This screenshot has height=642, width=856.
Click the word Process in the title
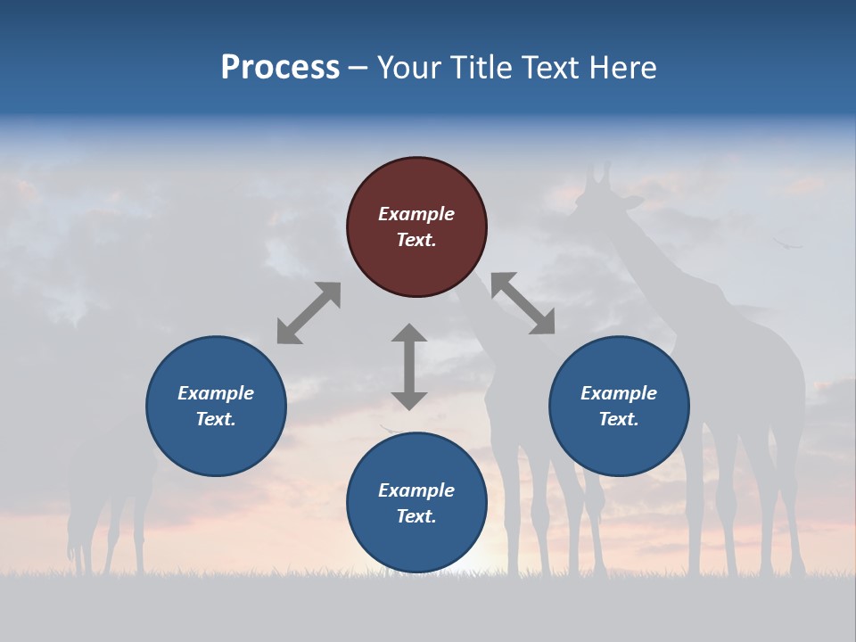(x=280, y=68)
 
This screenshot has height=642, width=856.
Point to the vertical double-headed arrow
(x=409, y=366)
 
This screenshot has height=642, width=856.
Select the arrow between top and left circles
(x=309, y=313)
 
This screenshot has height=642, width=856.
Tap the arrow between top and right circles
(x=523, y=304)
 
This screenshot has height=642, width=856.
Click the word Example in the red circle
(x=416, y=214)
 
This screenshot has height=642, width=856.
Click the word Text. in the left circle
(x=216, y=419)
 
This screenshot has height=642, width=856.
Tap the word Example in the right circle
(x=619, y=393)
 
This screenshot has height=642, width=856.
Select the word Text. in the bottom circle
(x=416, y=516)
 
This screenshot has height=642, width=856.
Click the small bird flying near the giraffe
(x=787, y=241)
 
